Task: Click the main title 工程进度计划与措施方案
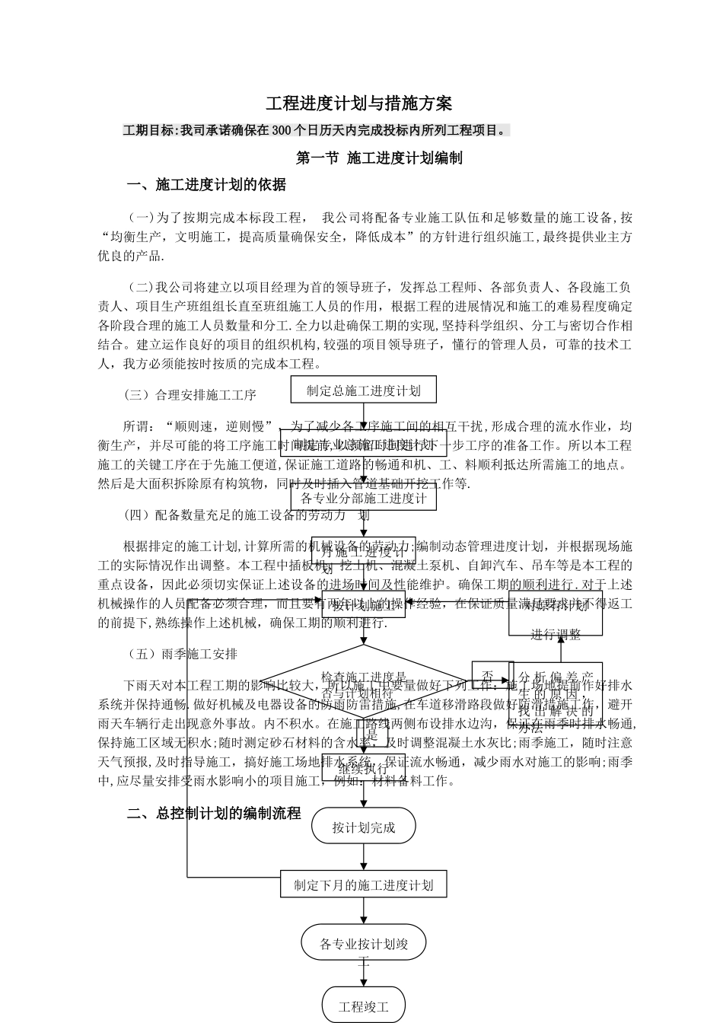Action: pyautogui.click(x=359, y=104)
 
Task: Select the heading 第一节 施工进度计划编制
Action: pyautogui.click(x=379, y=158)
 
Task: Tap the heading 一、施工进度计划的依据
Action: pyautogui.click(x=207, y=184)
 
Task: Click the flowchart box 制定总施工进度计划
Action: pyautogui.click(x=363, y=390)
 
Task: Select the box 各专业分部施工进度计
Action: pyautogui.click(x=363, y=499)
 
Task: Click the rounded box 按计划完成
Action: pyautogui.click(x=363, y=828)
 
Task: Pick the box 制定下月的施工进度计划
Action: pyautogui.click(x=363, y=885)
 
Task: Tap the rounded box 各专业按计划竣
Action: pyautogui.click(x=363, y=945)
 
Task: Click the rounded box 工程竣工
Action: pyautogui.click(x=363, y=1006)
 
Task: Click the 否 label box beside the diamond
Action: pyautogui.click(x=488, y=675)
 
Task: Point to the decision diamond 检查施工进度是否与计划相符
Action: pyautogui.click(x=364, y=683)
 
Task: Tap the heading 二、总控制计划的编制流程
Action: pyautogui.click(x=215, y=813)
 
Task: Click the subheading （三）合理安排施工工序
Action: pyautogui.click(x=190, y=395)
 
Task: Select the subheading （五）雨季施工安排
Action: pyautogui.click(x=181, y=654)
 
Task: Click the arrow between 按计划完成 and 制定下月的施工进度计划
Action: pyautogui.click(x=364, y=857)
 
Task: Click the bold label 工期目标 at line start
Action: pyautogui.click(x=148, y=131)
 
